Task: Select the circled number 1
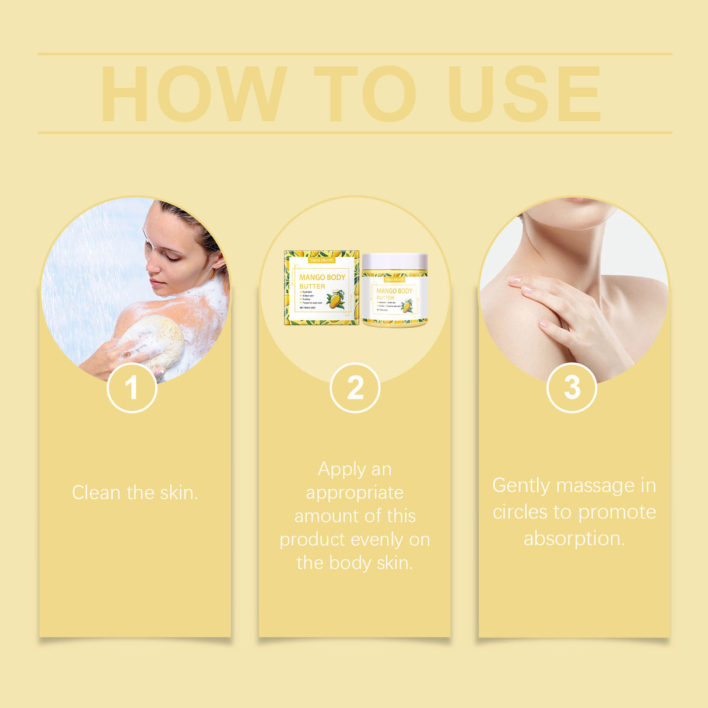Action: tap(132, 387)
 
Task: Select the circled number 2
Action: tap(355, 387)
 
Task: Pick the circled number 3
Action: tap(572, 387)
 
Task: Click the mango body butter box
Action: tap(321, 288)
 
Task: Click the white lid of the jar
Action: tap(395, 261)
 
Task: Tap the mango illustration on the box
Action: tap(335, 300)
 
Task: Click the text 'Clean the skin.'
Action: tap(135, 493)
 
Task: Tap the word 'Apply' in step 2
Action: tap(334, 469)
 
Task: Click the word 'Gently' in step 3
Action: tap(521, 486)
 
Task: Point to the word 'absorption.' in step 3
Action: tap(574, 538)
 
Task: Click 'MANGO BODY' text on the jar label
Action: tap(394, 290)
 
